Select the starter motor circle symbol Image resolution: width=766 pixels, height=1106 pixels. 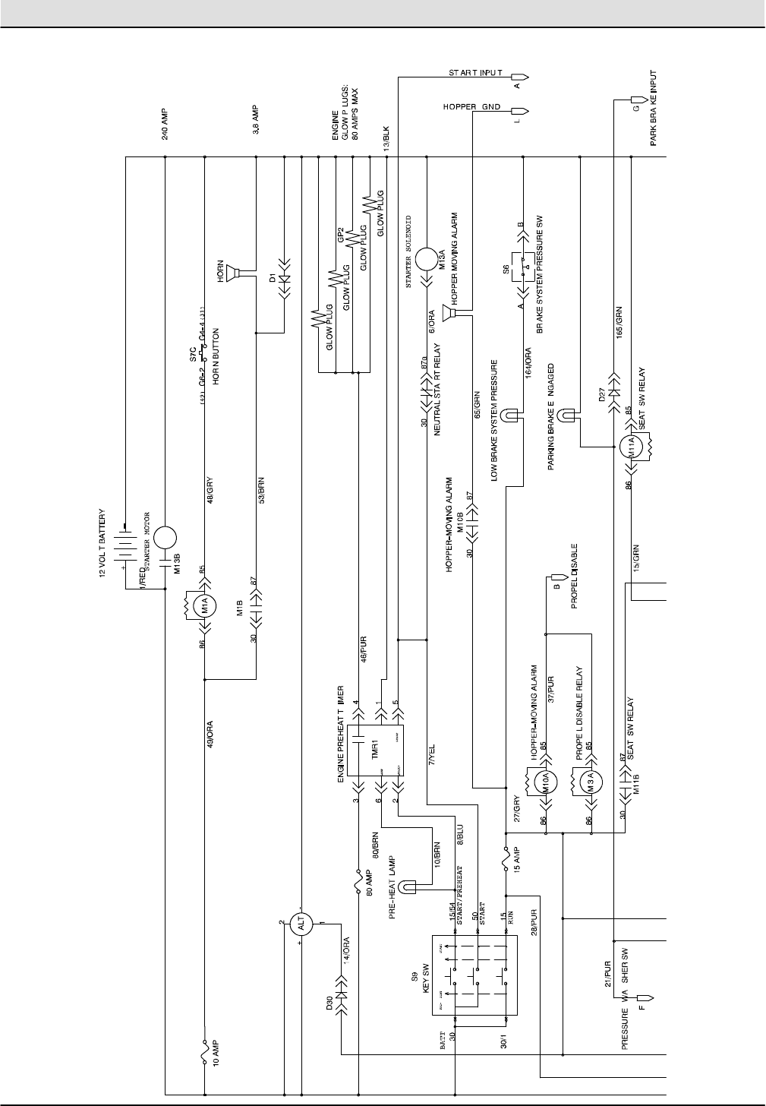(x=165, y=537)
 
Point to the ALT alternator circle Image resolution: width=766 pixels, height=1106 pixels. (x=302, y=925)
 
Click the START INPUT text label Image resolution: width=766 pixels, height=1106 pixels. (x=475, y=73)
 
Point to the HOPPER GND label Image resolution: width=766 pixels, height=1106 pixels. (x=471, y=107)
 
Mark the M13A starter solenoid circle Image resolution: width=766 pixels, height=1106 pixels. (x=427, y=256)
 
